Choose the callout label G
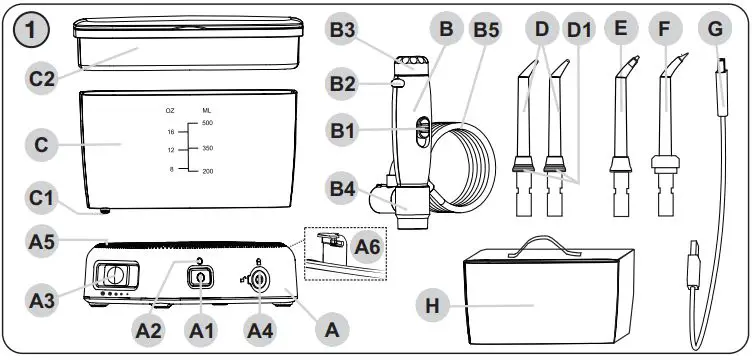[713, 30]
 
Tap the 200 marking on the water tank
[207, 171]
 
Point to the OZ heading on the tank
[170, 110]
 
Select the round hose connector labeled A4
[259, 282]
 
